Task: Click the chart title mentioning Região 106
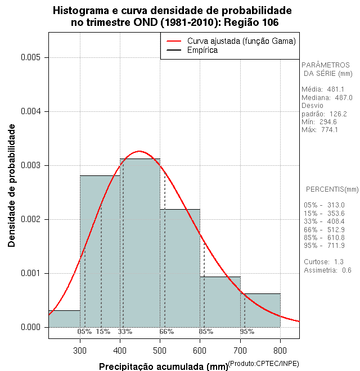click(x=173, y=16)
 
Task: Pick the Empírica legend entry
click(x=202, y=50)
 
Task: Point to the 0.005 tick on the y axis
click(x=31, y=57)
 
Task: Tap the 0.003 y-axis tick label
click(x=31, y=165)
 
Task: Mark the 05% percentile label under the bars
click(x=84, y=332)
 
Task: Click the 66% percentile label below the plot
click(x=166, y=332)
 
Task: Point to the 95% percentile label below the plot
click(x=246, y=332)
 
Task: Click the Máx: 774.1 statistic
click(x=319, y=130)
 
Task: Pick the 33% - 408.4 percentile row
click(x=324, y=221)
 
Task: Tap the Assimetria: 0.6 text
click(x=327, y=270)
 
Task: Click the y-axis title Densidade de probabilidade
click(x=12, y=185)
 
